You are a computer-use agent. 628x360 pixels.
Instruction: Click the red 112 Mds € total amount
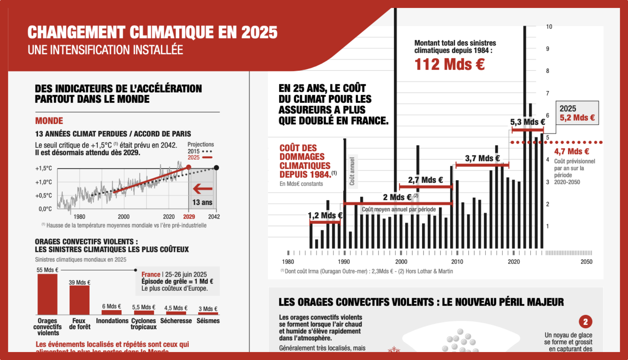pos(449,64)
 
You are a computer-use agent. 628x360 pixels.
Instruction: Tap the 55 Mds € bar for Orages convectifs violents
pos(47,294)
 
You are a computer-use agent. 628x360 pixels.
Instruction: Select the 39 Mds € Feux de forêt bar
pos(79,300)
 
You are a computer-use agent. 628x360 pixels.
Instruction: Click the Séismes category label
pos(208,321)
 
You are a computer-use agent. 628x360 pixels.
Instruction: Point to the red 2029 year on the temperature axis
pos(189,217)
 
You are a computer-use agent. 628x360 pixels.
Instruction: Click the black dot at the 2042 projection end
pos(216,168)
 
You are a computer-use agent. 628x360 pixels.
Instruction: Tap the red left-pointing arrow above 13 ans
pos(203,189)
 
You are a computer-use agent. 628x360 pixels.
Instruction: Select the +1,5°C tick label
pos(43,168)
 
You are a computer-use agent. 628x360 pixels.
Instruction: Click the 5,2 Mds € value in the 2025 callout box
pos(577,118)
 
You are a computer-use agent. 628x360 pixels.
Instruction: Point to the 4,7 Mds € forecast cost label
pos(572,151)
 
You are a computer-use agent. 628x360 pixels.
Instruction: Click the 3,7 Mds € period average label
pos(482,158)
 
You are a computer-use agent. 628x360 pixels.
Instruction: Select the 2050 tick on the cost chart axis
pos(586,262)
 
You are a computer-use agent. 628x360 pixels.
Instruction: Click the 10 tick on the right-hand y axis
pos(549,27)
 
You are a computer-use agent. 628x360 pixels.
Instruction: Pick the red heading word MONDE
pos(49,121)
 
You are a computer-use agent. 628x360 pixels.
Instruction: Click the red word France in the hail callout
pos(151,274)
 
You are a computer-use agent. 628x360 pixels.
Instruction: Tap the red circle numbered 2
pos(585,322)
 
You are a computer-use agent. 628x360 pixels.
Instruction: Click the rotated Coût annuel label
pos(352,171)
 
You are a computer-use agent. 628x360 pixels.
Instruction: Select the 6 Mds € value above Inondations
pos(111,306)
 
